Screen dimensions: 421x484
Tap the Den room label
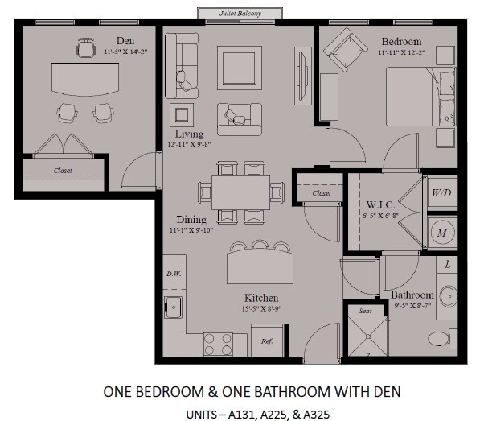click(125, 39)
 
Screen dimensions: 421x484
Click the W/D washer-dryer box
click(441, 193)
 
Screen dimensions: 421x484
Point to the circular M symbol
click(441, 233)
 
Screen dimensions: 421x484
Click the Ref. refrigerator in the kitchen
click(268, 341)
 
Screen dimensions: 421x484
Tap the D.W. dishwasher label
click(174, 274)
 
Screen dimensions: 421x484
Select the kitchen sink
click(174, 306)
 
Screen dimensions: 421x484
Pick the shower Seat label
click(366, 312)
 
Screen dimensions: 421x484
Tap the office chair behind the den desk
click(85, 49)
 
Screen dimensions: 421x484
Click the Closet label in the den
click(64, 171)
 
